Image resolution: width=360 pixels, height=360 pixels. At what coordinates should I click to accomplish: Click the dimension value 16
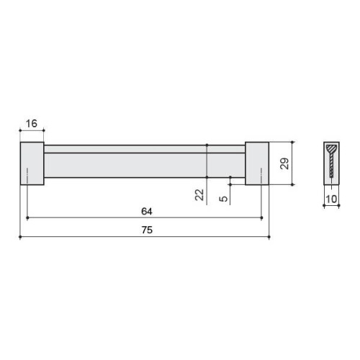[x=32, y=124]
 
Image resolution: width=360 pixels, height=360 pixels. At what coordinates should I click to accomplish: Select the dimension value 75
[x=147, y=230]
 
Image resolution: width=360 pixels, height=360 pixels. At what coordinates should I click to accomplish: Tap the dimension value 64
[x=147, y=211]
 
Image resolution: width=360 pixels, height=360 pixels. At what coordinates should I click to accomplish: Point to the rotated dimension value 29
[x=284, y=163]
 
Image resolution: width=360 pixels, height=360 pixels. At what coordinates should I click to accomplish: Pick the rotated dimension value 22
[x=199, y=194]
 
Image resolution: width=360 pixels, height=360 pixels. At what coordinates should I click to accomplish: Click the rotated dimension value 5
[x=223, y=199]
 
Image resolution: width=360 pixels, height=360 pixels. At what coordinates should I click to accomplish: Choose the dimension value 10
[x=331, y=199]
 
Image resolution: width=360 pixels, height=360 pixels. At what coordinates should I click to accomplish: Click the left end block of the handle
[x=32, y=163]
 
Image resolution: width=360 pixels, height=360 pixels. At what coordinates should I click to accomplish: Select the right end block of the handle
[x=257, y=163]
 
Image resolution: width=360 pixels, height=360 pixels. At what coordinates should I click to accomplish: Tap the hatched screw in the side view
[x=332, y=161]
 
